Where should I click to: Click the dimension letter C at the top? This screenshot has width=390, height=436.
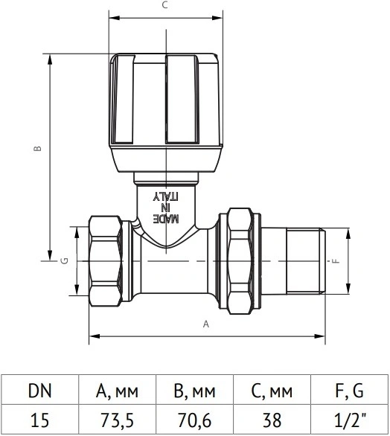click(x=165, y=4)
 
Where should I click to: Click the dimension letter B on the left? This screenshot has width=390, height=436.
click(x=37, y=148)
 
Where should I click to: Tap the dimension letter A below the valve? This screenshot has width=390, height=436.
click(x=206, y=324)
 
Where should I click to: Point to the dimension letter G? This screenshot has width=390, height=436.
click(x=64, y=261)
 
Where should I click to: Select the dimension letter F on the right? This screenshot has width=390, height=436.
click(x=336, y=261)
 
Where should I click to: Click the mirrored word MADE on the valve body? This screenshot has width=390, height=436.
click(x=166, y=219)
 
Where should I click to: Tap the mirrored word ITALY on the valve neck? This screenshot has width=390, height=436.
click(x=165, y=196)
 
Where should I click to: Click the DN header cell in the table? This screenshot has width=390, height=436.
click(x=40, y=391)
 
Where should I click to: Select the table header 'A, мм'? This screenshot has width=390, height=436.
click(x=117, y=391)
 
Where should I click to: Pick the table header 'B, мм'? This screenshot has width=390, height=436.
click(x=194, y=391)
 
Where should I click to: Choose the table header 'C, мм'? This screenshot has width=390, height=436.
click(x=272, y=391)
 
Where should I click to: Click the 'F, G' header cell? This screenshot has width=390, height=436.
click(x=349, y=391)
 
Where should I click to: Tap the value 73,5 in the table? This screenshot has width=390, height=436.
click(x=117, y=420)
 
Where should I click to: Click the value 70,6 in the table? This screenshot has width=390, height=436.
click(x=194, y=420)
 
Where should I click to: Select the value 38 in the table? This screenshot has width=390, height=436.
click(x=272, y=420)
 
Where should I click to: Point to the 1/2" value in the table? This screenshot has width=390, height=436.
click(x=349, y=420)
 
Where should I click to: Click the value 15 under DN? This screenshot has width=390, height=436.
click(x=39, y=420)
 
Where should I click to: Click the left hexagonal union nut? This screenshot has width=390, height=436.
click(x=106, y=261)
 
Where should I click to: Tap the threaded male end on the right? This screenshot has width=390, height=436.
click(x=306, y=261)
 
